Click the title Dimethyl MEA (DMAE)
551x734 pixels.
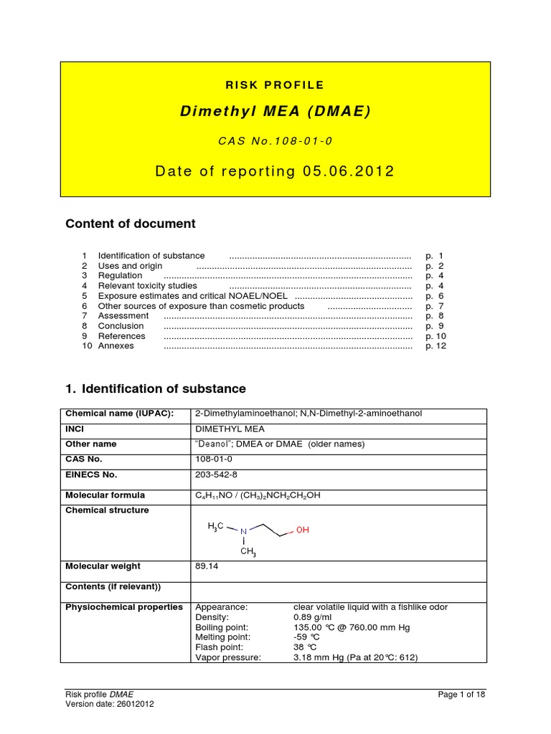(275, 112)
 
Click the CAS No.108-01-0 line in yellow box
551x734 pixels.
(275, 141)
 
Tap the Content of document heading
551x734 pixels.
(130, 224)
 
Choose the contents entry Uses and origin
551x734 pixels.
(130, 266)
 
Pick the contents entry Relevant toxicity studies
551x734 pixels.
(147, 286)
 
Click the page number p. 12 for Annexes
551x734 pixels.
(435, 346)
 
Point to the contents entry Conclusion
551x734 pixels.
(121, 326)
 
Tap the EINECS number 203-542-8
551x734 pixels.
(217, 475)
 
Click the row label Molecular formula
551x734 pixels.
(105, 495)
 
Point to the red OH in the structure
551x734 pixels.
(302, 531)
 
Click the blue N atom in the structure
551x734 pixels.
(243, 531)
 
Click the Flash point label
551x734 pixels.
(218, 647)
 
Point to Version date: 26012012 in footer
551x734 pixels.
(109, 704)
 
